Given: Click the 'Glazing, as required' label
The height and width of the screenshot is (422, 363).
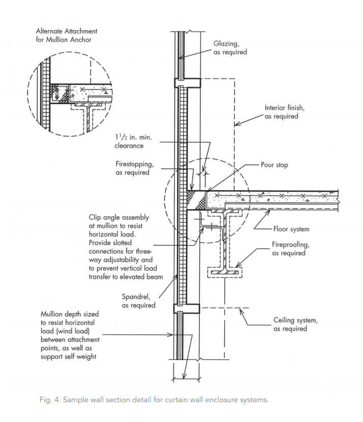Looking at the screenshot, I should (x=230, y=48).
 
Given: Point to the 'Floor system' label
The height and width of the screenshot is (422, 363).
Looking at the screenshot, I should (x=291, y=229).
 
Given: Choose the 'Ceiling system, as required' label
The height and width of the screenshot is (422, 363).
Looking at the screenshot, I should (x=290, y=324).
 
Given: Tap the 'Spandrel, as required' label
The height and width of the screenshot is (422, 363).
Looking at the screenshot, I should (x=138, y=300).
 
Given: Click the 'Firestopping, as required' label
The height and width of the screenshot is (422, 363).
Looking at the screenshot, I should (x=133, y=168).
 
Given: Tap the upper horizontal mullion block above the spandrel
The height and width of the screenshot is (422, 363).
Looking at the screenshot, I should (x=186, y=82).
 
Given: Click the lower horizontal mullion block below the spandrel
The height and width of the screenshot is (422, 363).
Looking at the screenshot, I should (x=186, y=308).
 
